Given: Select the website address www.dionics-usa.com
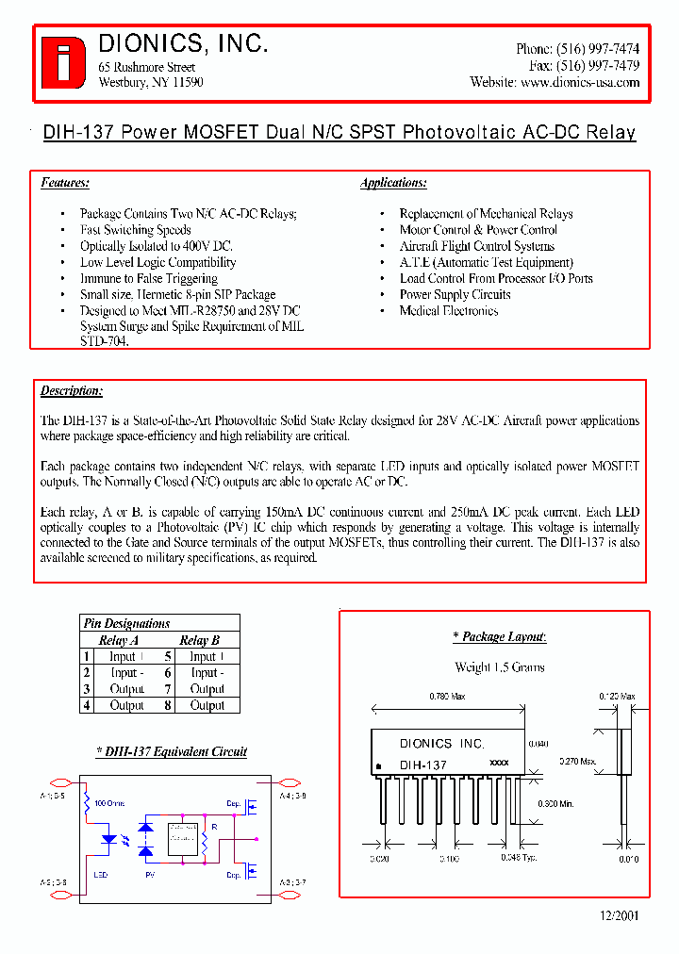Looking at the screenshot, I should click(x=580, y=82).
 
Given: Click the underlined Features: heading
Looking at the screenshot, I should click(x=65, y=183).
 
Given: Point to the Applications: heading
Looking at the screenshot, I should click(x=393, y=183).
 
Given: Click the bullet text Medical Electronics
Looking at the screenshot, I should click(x=448, y=310).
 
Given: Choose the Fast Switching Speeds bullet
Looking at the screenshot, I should click(x=135, y=230).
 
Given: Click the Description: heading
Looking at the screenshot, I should click(x=72, y=390).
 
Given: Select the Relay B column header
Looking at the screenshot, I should click(x=200, y=640).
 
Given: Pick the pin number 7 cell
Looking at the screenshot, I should click(x=167, y=689).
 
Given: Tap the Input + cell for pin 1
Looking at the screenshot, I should click(x=126, y=656).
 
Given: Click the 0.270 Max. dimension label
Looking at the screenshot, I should click(x=576, y=760).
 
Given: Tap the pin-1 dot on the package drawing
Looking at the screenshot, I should click(x=379, y=765).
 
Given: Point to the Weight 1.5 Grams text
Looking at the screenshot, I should click(x=500, y=667).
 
